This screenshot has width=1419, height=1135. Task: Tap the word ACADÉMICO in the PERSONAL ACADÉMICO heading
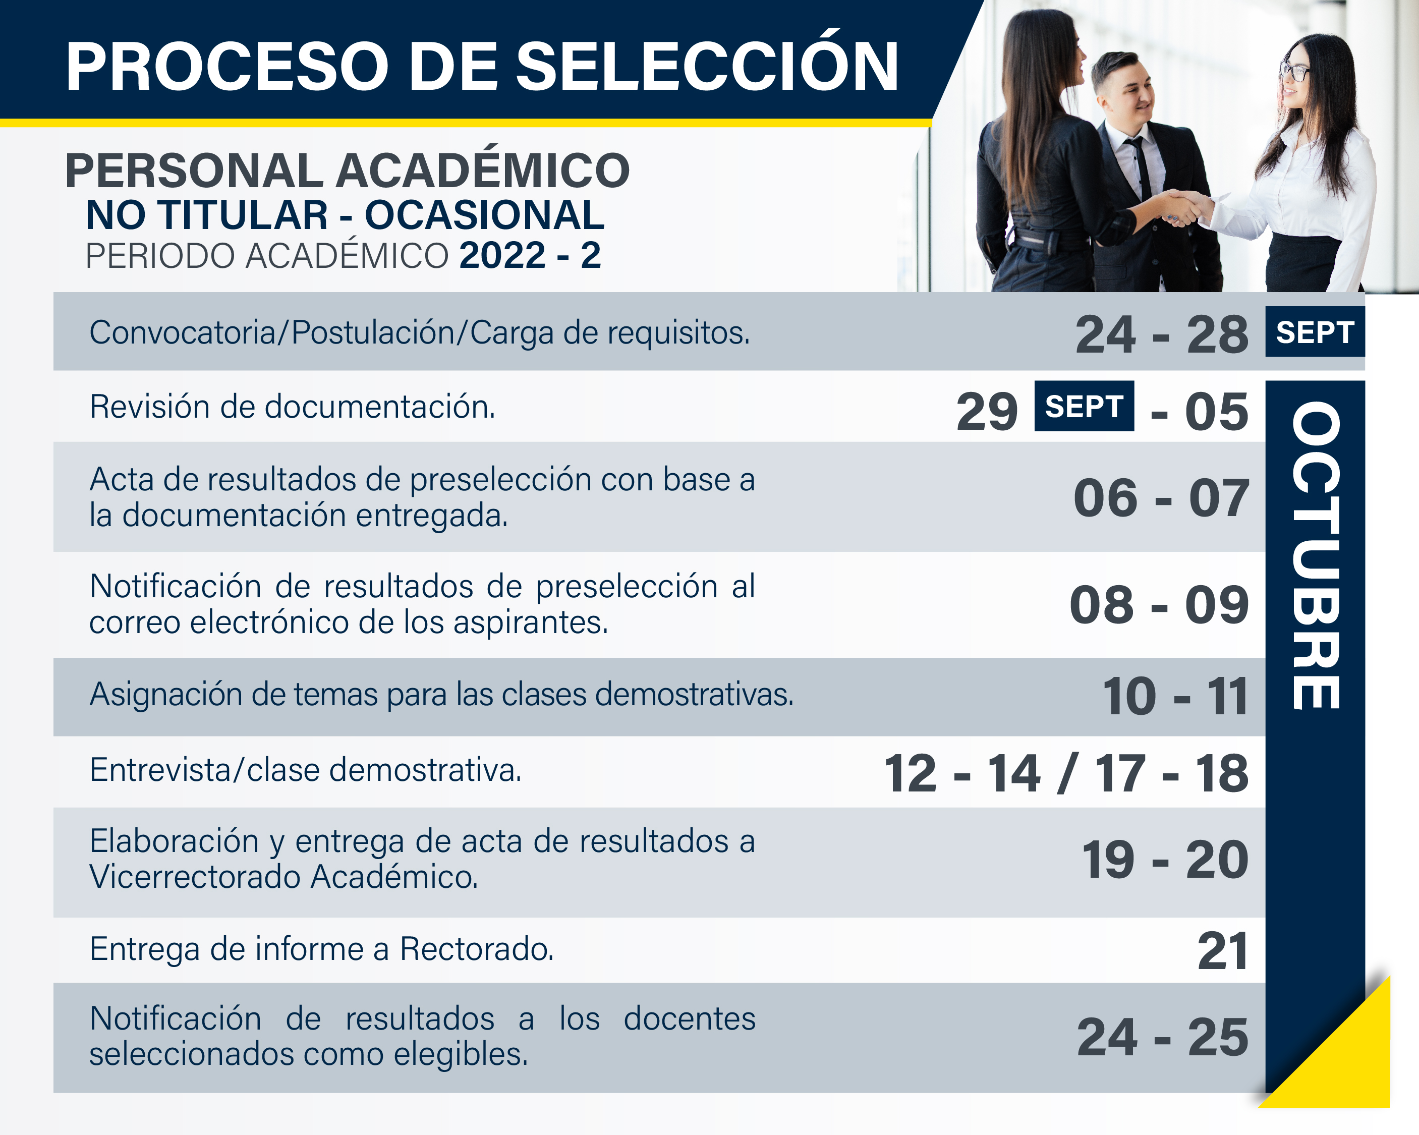click(483, 171)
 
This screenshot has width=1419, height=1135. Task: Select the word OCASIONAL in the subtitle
click(484, 216)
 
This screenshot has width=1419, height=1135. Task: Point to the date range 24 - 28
click(1162, 334)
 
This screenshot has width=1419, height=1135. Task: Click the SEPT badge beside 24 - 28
click(1315, 332)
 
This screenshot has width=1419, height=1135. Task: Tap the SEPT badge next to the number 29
click(1084, 406)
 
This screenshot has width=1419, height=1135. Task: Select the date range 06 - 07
click(1161, 498)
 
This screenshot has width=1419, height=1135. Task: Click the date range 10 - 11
click(1175, 696)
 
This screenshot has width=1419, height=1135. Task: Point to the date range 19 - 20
click(1165, 860)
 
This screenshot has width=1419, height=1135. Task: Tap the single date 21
click(1223, 951)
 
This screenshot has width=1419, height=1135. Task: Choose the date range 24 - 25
click(1162, 1038)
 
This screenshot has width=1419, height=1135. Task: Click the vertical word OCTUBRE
click(1316, 555)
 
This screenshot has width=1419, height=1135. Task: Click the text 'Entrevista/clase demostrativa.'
click(305, 770)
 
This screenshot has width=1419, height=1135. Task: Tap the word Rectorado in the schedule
click(477, 949)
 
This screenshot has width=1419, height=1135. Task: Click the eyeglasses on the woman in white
click(1294, 70)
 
